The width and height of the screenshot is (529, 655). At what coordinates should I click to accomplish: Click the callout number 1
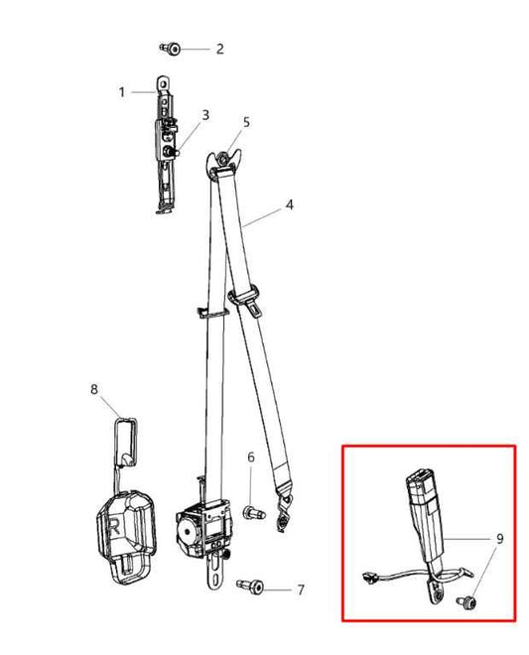pyautogui.click(x=122, y=92)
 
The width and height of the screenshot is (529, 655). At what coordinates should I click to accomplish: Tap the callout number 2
pyautogui.click(x=220, y=49)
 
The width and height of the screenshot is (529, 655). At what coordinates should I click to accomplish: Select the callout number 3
pyautogui.click(x=205, y=115)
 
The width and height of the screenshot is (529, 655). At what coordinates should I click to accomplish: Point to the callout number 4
pyautogui.click(x=290, y=205)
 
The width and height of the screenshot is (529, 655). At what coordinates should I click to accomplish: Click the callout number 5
pyautogui.click(x=246, y=122)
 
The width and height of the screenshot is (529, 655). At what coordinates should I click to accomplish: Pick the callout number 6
pyautogui.click(x=251, y=458)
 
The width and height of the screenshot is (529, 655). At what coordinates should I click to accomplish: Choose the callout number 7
pyautogui.click(x=301, y=589)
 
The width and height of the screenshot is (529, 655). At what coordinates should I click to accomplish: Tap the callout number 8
pyautogui.click(x=94, y=389)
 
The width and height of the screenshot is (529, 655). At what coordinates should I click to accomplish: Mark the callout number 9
pyautogui.click(x=500, y=539)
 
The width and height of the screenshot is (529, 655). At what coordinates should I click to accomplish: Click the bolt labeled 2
pyautogui.click(x=171, y=49)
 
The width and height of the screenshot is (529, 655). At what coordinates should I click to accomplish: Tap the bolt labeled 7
pyautogui.click(x=250, y=587)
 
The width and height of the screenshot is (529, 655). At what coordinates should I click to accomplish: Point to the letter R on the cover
pyautogui.click(x=114, y=528)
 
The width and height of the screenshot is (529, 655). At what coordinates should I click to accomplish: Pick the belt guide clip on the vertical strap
pyautogui.click(x=211, y=313)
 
